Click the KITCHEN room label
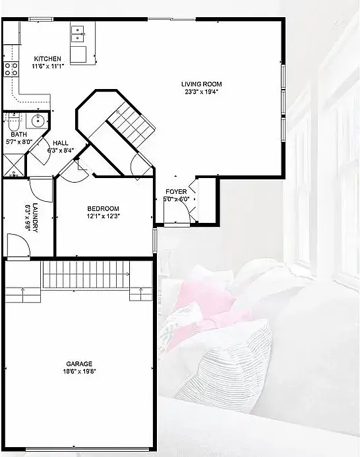[x=47, y=59]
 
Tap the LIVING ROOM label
[x=201, y=84]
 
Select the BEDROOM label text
[x=104, y=208]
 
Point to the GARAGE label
[x=79, y=364]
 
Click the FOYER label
[x=176, y=192]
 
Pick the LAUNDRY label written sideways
[x=35, y=218]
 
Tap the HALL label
[x=61, y=143]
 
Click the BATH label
[x=18, y=135]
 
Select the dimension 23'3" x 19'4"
[x=201, y=92]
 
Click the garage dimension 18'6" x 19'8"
[x=79, y=371]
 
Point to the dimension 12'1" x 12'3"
[x=104, y=216]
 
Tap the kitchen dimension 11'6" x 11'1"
[x=47, y=66]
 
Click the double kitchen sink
[x=78, y=34]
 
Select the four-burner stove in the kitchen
[x=11, y=69]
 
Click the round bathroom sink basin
[x=38, y=120]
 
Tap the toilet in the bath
[x=13, y=123]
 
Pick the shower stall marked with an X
[x=14, y=165]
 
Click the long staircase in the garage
[x=86, y=274]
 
